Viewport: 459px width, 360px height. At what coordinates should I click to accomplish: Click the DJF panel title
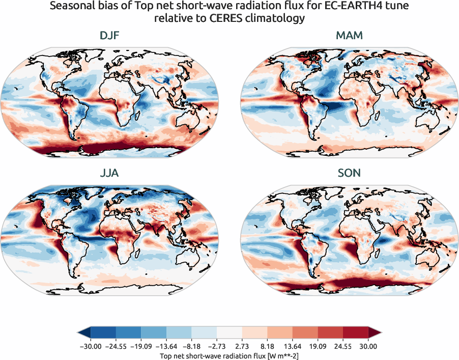coord(109,36)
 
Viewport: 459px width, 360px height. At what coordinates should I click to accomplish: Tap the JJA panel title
coord(109,173)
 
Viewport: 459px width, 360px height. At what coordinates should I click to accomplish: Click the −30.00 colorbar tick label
coord(92,346)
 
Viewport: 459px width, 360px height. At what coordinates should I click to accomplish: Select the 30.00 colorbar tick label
coord(368,346)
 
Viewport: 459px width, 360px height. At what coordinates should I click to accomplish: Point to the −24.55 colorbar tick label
coord(117,346)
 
